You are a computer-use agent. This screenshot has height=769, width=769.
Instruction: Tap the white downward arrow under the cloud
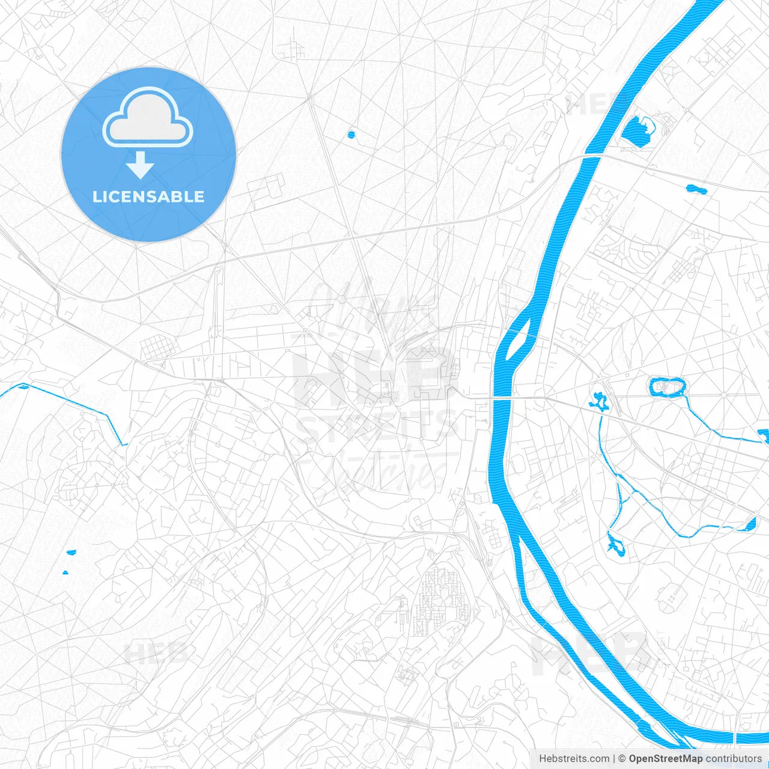point(141,165)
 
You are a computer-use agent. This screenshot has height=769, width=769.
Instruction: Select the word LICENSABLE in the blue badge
point(148,196)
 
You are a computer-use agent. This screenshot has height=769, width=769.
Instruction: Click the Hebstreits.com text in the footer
point(574,759)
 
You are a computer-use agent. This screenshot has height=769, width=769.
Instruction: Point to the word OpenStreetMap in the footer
point(665,759)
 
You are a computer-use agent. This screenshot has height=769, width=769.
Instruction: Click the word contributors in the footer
point(734,759)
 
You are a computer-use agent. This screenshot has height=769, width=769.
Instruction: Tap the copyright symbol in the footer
point(622,759)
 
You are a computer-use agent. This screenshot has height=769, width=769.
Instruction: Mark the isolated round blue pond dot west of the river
point(351,135)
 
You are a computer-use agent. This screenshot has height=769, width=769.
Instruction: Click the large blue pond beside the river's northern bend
point(637,130)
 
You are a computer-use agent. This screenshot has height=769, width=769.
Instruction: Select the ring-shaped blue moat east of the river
point(666,387)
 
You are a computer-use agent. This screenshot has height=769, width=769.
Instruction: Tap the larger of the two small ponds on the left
point(71,552)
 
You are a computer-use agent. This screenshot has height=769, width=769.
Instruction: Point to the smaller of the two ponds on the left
point(65,571)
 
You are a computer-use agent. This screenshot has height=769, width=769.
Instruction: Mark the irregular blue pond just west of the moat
point(598,401)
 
